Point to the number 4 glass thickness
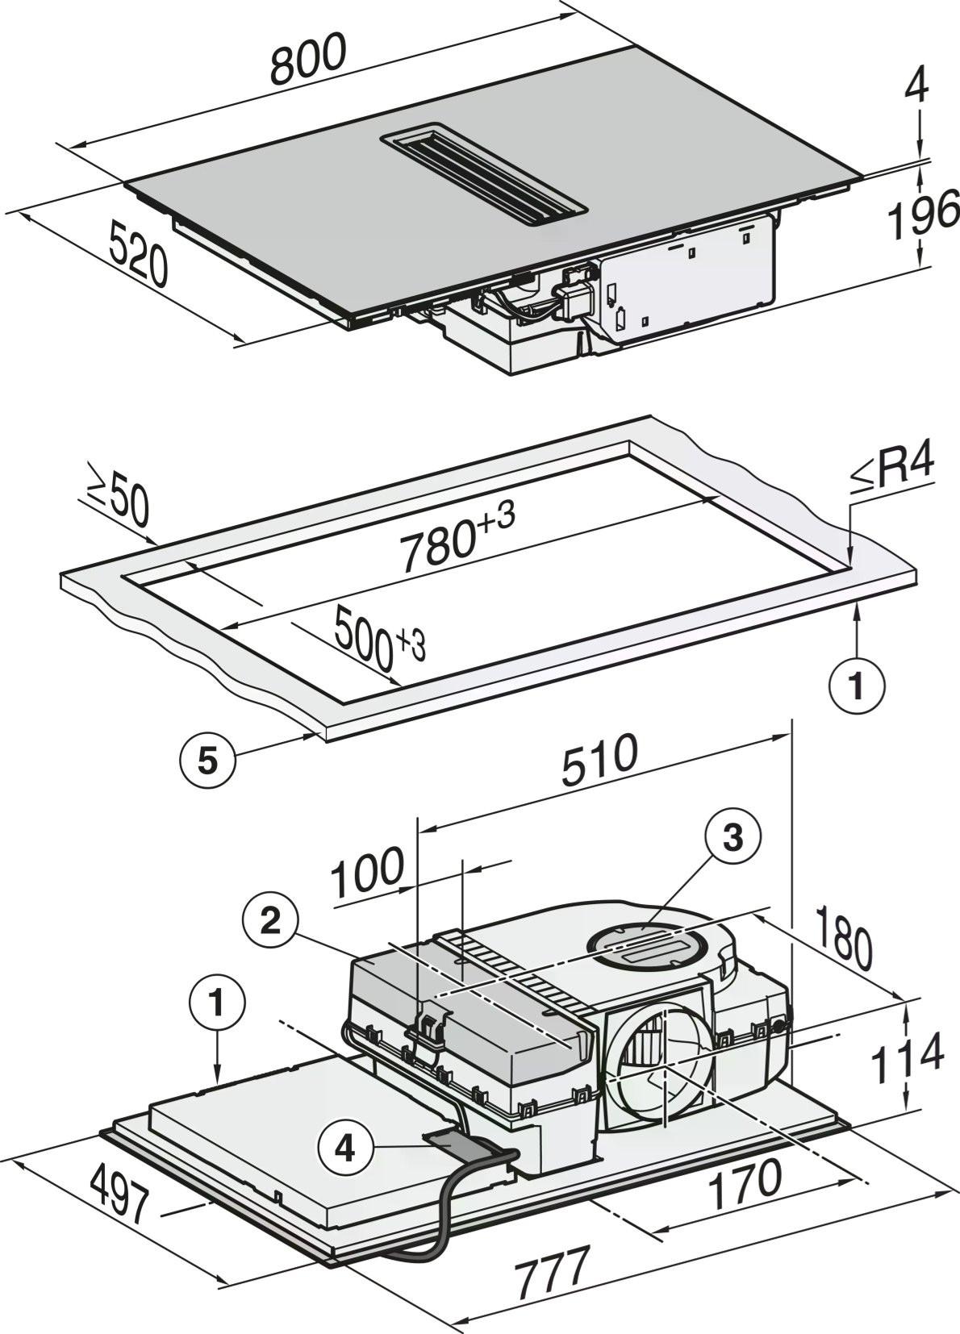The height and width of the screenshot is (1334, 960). coord(917,87)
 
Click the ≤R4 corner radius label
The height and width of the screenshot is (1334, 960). coord(891,472)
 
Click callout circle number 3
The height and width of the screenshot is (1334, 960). coord(733,839)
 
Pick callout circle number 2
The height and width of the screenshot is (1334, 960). coord(270,921)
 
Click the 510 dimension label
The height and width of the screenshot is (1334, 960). coord(599,761)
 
